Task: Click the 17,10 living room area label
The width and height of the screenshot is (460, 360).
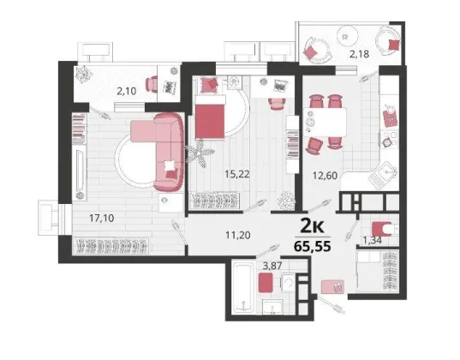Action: pyautogui.click(x=102, y=219)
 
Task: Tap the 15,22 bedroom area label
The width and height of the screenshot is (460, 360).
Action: pyautogui.click(x=237, y=174)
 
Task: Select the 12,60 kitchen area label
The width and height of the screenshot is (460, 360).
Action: pyautogui.click(x=325, y=176)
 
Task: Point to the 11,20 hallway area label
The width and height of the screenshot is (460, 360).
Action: pyautogui.click(x=238, y=235)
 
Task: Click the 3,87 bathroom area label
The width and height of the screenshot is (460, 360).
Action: pyautogui.click(x=272, y=266)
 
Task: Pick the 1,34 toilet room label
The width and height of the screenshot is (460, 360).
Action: pyautogui.click(x=373, y=241)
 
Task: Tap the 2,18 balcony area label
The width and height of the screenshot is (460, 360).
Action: pyautogui.click(x=360, y=54)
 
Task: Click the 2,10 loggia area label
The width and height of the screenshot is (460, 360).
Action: pyautogui.click(x=127, y=92)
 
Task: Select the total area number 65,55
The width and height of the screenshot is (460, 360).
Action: pyautogui.click(x=313, y=246)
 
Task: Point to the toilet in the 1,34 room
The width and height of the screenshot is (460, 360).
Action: pyautogui.click(x=384, y=228)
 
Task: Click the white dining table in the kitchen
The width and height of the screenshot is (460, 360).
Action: pyautogui.click(x=325, y=122)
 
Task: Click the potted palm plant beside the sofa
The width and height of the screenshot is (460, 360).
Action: pyautogui.click(x=200, y=153)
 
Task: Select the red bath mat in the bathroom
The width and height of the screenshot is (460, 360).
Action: pyautogui.click(x=266, y=283)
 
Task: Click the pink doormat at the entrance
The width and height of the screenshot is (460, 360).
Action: pyautogui.click(x=332, y=287)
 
